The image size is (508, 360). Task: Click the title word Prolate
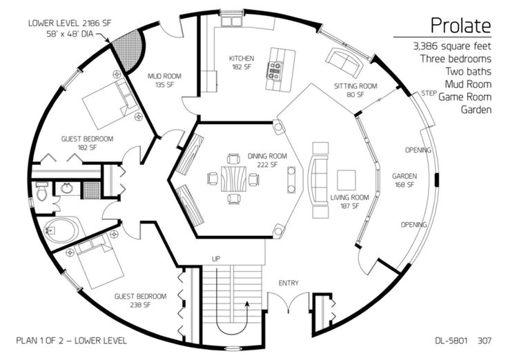pyautogui.click(x=460, y=26)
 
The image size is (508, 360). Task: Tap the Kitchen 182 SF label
pyautogui.click(x=242, y=63)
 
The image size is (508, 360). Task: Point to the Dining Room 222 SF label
pyautogui.click(x=263, y=160)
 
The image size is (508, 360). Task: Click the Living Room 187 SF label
pyautogui.click(x=350, y=201)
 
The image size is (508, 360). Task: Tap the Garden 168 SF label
pyautogui.click(x=404, y=180)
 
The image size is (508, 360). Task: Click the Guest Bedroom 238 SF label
pyautogui.click(x=141, y=300)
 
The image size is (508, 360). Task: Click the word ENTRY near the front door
pyautogui.click(x=289, y=283)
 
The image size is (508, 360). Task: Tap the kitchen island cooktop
pyautogui.click(x=277, y=67)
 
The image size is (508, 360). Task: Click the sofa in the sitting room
pyautogui.click(x=343, y=63)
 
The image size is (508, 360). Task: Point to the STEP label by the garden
pyautogui.click(x=429, y=92)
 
